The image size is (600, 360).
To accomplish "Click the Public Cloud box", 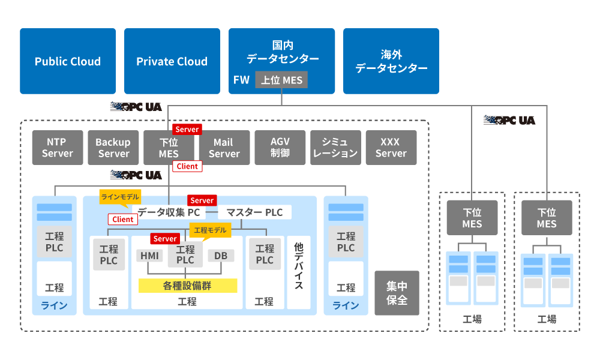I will pos(68,61).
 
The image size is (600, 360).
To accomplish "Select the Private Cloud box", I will pos(172,61).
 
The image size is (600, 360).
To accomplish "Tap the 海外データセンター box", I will pos(391,61).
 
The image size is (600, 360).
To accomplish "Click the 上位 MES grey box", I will pos(281,80).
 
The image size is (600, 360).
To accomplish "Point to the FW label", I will pos(241,80).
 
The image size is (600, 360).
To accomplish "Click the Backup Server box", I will pos(113,148).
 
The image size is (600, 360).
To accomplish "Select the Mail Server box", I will pos(224,148).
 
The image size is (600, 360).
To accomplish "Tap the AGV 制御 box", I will pos(280,148).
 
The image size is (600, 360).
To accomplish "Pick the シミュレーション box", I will pos(335,148).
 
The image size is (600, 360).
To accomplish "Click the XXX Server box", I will pos(391,148).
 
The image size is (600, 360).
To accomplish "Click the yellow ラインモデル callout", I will pos(121,196).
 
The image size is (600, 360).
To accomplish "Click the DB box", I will pos(221,256).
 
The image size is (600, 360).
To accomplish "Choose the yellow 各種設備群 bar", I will pos(187,285).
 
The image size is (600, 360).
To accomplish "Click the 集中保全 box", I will pos(397,293).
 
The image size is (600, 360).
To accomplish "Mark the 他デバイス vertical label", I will pos(298,266).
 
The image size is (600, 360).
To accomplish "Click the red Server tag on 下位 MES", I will pos(187,129).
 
